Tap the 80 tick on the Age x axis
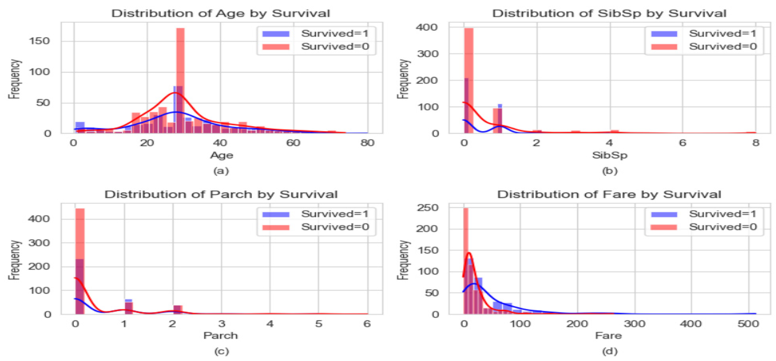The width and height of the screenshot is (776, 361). point(367,143)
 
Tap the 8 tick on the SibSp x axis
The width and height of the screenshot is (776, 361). point(756,143)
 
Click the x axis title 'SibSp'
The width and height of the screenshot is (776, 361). point(609,155)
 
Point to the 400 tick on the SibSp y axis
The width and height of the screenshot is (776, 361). point(426,27)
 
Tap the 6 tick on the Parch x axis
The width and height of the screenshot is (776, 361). point(367,324)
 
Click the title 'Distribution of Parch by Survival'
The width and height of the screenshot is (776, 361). point(221,194)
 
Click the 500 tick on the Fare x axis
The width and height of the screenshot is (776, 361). point(748,324)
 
